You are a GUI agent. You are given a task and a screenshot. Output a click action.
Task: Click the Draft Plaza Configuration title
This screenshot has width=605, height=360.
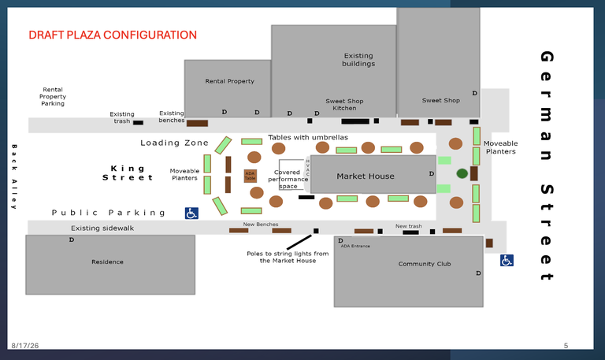click(113, 35)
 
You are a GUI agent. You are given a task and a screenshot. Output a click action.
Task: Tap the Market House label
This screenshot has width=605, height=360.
click(366, 176)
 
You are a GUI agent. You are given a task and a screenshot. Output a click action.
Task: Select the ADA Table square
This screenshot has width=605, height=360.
click(250, 176)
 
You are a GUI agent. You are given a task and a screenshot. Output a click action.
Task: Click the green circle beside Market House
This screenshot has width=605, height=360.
click(462, 173)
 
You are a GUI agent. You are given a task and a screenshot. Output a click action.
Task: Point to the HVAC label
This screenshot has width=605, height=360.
click(307, 168)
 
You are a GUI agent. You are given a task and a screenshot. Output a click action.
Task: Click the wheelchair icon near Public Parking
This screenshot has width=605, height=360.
click(191, 213)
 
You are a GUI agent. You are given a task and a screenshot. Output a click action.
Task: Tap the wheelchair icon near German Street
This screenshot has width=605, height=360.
click(507, 261)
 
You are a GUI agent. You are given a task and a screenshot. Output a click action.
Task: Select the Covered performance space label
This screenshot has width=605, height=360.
click(288, 179)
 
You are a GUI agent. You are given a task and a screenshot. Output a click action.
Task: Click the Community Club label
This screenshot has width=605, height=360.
click(425, 264)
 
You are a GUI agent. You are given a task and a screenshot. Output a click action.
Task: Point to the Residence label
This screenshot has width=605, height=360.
click(107, 262)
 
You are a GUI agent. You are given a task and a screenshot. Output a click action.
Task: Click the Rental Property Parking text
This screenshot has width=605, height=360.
click(53, 96)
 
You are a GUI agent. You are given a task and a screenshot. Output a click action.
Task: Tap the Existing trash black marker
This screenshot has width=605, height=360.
click(138, 123)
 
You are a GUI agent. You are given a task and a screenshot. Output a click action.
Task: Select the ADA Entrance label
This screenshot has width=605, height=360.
click(355, 246)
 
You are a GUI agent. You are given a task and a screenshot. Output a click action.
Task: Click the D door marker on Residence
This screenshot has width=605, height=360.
click(72, 239)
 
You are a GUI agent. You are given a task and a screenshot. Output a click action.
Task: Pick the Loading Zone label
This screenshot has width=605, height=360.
click(174, 143)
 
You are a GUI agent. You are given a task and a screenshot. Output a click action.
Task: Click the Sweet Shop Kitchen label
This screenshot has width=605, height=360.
click(344, 105)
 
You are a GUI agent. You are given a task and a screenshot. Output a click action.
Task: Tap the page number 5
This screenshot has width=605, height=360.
click(566, 346)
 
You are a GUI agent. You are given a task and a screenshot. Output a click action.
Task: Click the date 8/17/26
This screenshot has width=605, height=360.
click(25, 346)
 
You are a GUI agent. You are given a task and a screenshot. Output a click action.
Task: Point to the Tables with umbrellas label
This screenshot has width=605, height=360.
click(308, 137)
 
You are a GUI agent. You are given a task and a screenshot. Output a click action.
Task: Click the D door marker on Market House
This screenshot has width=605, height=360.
click(432, 173)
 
